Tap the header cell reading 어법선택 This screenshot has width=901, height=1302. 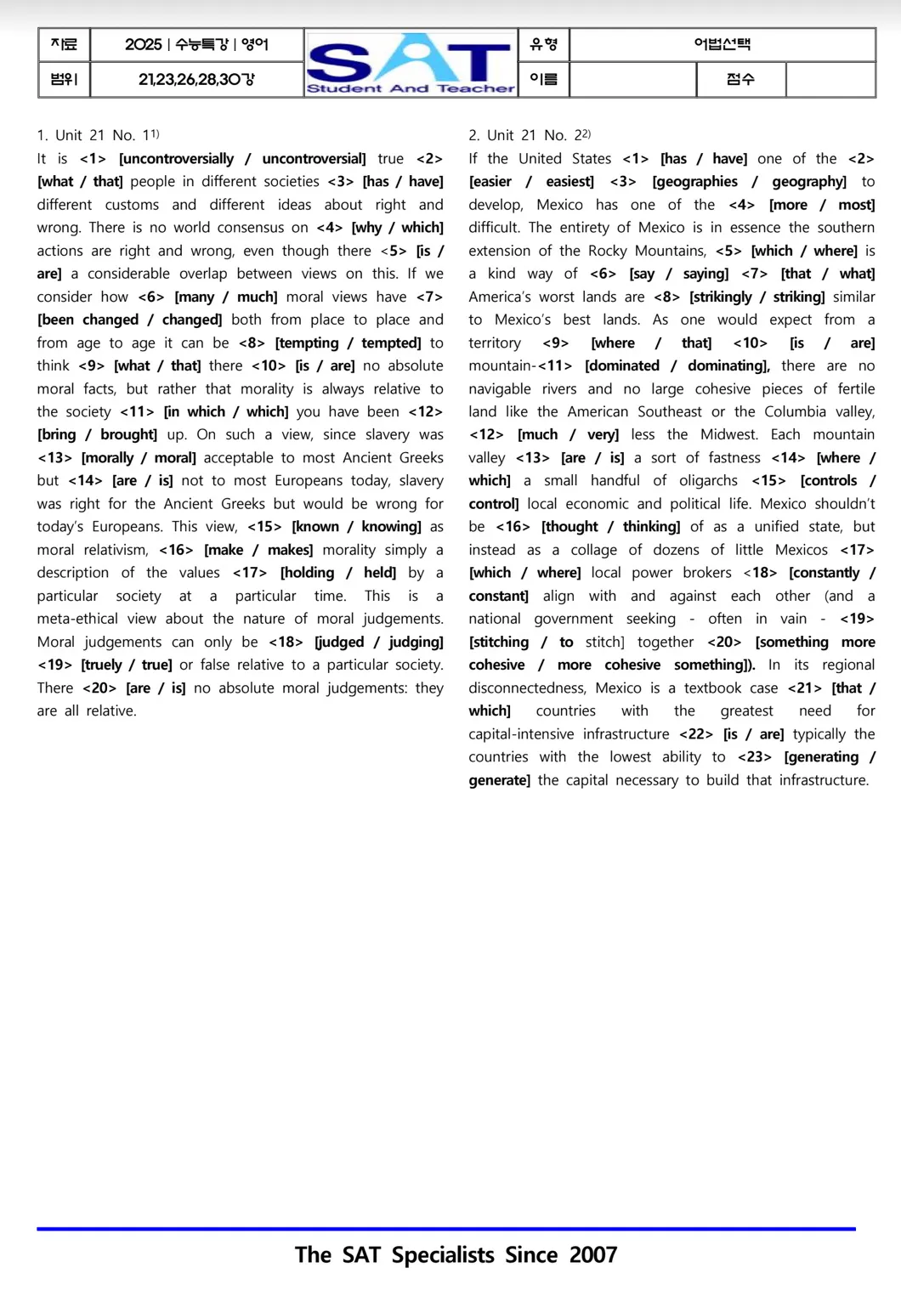[x=722, y=44]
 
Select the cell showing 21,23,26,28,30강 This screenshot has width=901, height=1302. [x=196, y=80]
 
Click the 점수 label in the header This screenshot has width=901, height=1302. [x=740, y=80]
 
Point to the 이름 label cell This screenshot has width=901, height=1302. [x=543, y=80]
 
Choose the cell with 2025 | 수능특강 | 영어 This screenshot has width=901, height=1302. [x=196, y=44]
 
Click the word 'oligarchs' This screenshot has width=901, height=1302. [x=708, y=481]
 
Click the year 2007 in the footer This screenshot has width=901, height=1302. [x=593, y=1255]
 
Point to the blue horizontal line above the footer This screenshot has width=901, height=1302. [x=446, y=1229]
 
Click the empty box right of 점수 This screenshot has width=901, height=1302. [x=830, y=80]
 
